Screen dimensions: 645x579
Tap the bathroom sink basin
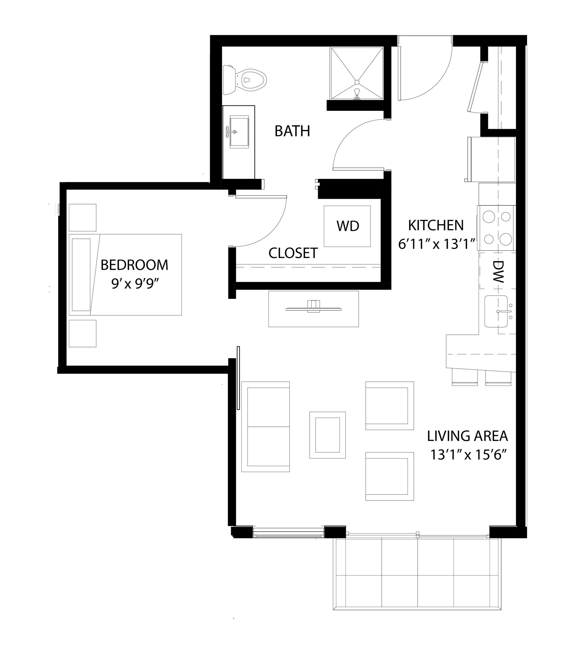point(239,132)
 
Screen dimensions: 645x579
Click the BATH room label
point(292,131)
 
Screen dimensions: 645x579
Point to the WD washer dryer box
point(347,226)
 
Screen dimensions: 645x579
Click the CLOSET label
point(293,254)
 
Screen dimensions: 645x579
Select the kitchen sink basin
point(496,311)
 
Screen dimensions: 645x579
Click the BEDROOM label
point(134,265)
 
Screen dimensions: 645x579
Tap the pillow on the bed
point(82,275)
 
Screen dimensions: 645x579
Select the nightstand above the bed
point(82,217)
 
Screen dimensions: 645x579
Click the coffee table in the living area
point(327,435)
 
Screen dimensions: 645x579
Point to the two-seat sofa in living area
point(265,427)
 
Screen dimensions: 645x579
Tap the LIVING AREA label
point(467,436)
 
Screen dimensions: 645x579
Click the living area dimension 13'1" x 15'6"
point(468,455)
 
